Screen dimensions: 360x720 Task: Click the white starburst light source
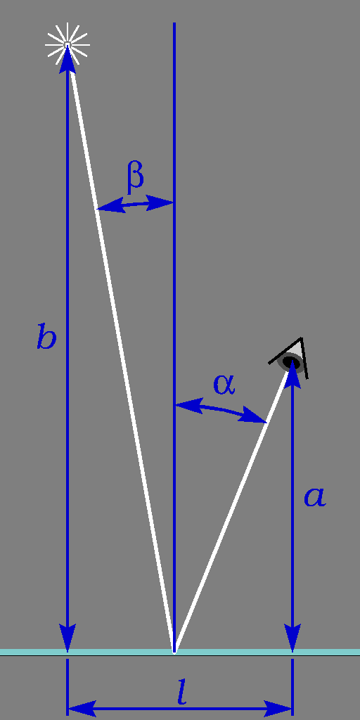(x=67, y=44)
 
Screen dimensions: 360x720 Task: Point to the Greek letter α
(x=224, y=385)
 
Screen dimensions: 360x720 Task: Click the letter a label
(x=315, y=497)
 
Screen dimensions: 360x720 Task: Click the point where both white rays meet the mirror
(x=174, y=651)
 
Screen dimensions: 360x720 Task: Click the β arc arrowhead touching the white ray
(x=110, y=206)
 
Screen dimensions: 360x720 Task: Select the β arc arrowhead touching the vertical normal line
(x=160, y=202)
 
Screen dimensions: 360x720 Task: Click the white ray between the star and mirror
(x=121, y=347)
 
